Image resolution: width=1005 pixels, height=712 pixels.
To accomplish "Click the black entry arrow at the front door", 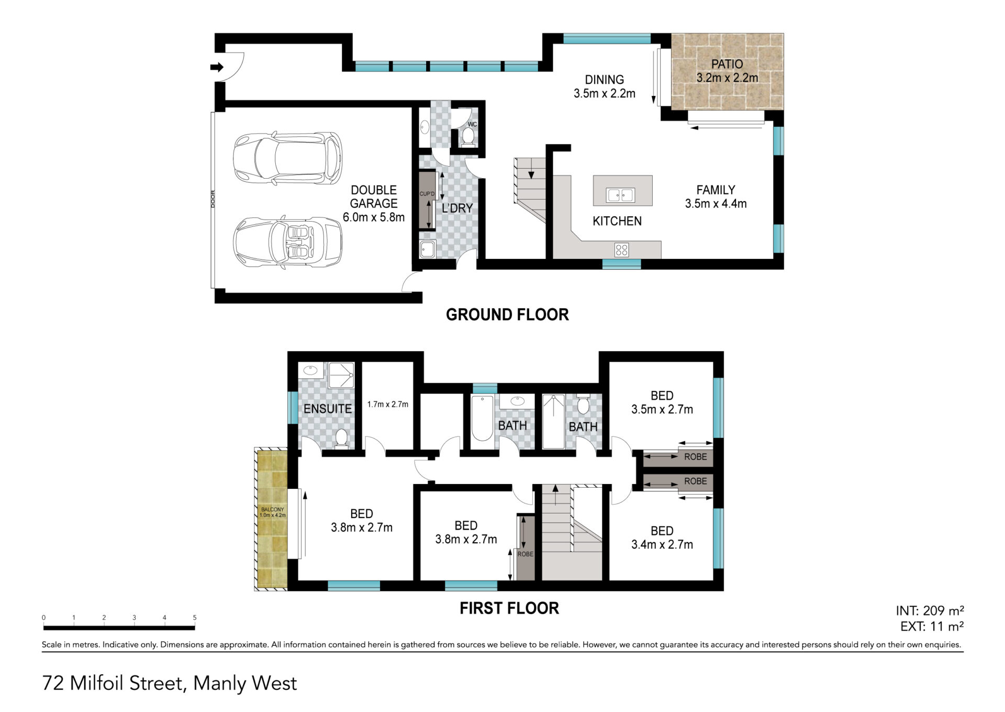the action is (217, 67).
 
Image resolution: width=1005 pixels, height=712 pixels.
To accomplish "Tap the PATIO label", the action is (727, 64).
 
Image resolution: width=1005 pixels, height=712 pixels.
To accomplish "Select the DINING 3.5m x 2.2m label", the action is (605, 86).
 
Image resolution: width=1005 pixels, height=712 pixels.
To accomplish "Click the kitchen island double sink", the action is (620, 195).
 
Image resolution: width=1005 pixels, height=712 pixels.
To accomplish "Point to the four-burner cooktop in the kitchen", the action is (622, 250).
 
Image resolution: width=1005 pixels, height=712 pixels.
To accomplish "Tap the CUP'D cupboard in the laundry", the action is (427, 200).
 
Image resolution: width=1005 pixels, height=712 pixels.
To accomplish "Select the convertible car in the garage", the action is (287, 244).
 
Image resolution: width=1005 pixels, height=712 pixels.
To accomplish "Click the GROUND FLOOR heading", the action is (507, 314).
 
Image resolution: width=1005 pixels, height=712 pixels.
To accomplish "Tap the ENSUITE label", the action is (328, 409).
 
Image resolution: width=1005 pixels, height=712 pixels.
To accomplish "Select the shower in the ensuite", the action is (341, 375).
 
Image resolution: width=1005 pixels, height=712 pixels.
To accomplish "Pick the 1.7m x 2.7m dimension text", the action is (388, 404).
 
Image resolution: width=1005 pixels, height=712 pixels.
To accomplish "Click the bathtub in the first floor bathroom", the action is (482, 419).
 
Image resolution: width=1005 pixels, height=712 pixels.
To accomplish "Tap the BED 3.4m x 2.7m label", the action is (662, 538).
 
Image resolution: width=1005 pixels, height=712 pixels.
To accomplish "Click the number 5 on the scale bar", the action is (195, 618).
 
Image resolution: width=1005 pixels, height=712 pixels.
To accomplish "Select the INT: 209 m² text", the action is (930, 610).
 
